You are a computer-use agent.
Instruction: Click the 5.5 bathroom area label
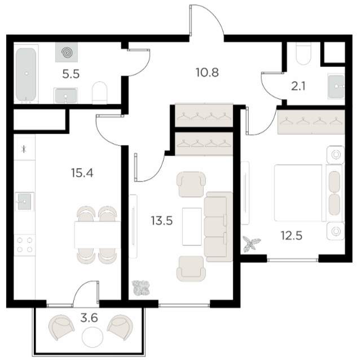[71, 74]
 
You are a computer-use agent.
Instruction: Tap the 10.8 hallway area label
[207, 73]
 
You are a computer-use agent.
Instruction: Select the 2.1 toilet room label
[298, 86]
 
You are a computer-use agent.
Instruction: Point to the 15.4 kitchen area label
[82, 173]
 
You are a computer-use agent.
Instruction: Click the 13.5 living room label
[162, 221]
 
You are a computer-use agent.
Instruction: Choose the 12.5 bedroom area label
[292, 235]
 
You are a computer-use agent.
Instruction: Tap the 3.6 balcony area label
[89, 318]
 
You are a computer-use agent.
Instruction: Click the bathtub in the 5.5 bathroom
[26, 74]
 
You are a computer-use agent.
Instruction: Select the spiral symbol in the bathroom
[67, 52]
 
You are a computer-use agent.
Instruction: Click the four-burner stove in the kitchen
[25, 245]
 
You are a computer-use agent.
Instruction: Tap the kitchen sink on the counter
[24, 201]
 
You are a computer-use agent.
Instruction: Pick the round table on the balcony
[93, 337]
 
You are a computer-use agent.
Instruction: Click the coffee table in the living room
[192, 226]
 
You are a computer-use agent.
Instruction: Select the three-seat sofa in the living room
[218, 227]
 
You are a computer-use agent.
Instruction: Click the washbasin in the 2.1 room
[336, 86]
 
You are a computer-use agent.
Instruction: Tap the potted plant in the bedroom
[252, 243]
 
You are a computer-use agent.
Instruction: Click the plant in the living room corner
[140, 287]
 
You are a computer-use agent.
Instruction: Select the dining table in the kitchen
[98, 235]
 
